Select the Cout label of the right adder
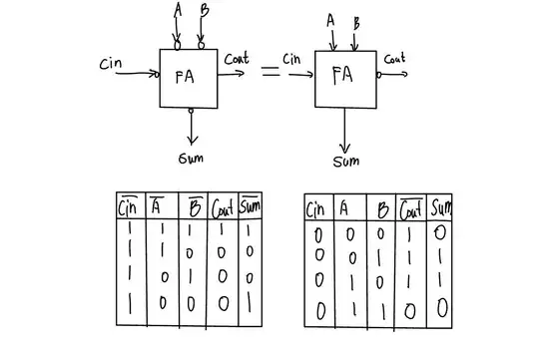[x=395, y=59]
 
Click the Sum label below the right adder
[x=346, y=162]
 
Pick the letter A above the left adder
[x=178, y=11]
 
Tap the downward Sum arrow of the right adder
[x=346, y=130]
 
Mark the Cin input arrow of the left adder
[x=140, y=74]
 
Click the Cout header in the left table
[x=223, y=208]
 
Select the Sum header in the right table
[x=440, y=208]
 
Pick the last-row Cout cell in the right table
[x=412, y=311]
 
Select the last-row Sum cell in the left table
[x=250, y=298]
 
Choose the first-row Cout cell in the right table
[x=412, y=233]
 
